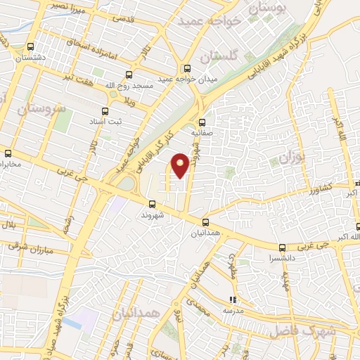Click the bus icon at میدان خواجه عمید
click(x=187, y=68)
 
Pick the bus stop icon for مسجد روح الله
click(x=129, y=74)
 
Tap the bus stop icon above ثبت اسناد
click(x=105, y=111)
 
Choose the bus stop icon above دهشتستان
click(x=28, y=48)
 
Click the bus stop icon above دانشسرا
click(x=282, y=247)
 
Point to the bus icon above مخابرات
click(x=8, y=153)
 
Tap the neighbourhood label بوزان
click(x=289, y=157)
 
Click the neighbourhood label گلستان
click(x=217, y=55)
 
